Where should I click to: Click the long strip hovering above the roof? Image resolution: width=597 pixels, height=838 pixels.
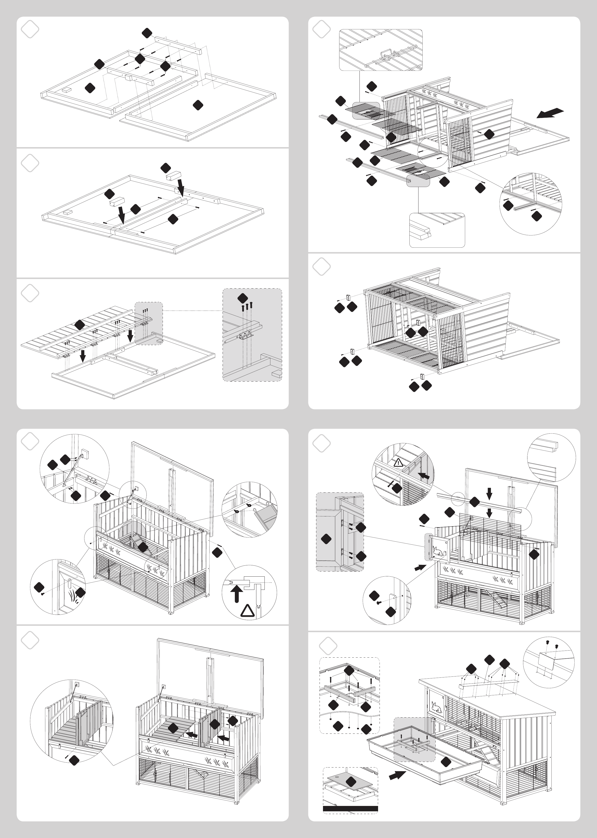pyautogui.click(x=489, y=683)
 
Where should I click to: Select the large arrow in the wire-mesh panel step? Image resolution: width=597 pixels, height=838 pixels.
pyautogui.click(x=550, y=113)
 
